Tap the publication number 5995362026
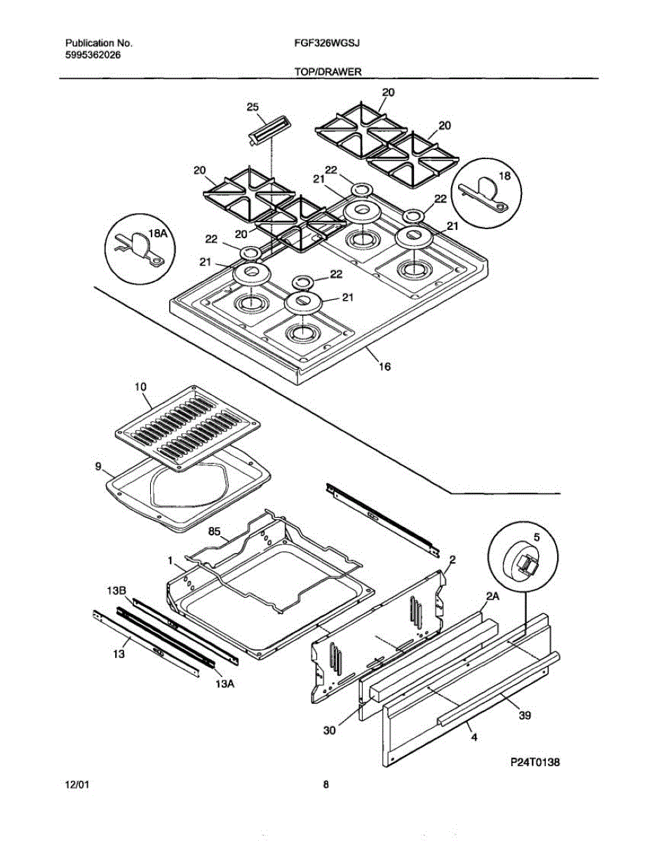click(88, 55)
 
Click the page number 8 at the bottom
click(325, 785)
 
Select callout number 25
click(253, 107)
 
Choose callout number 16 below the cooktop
click(384, 366)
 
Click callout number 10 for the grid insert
click(140, 387)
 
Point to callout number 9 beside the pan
click(99, 465)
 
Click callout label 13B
click(116, 592)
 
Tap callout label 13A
click(224, 683)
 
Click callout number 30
click(330, 730)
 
